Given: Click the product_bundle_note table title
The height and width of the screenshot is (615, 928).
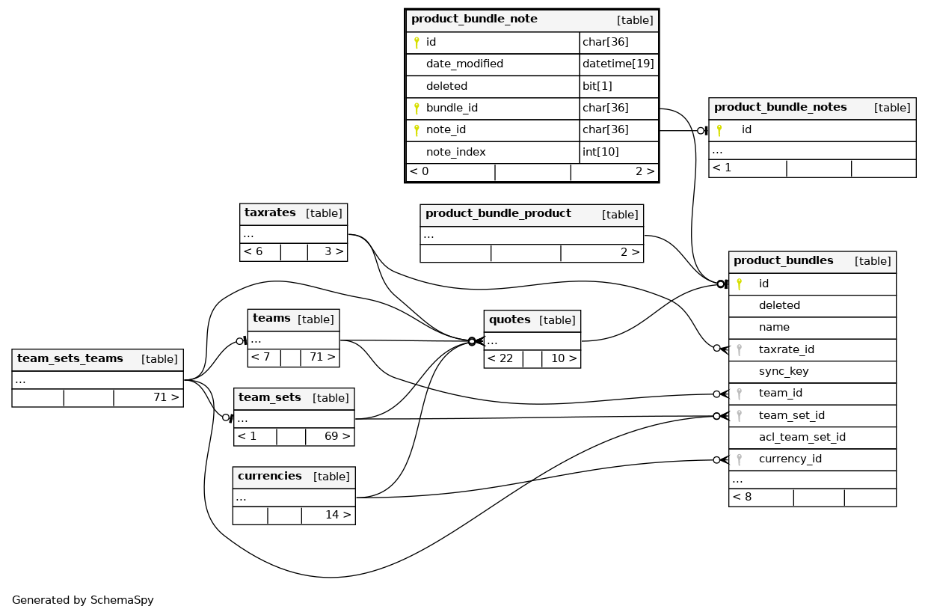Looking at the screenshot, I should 474,19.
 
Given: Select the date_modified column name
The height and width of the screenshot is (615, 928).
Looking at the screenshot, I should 464,64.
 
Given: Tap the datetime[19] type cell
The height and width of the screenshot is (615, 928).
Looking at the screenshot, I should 618,64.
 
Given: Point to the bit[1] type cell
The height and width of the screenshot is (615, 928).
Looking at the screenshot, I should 597,86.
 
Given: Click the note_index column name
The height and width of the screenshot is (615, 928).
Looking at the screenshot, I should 455,152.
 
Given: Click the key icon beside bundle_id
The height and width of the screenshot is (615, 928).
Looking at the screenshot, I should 417,108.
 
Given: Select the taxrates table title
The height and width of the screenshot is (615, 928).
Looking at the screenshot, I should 270,213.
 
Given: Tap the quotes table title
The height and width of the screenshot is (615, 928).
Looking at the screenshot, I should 509,320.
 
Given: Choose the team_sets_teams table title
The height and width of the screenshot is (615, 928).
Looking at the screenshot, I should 70,359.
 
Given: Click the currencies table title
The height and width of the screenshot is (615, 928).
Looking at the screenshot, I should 269,477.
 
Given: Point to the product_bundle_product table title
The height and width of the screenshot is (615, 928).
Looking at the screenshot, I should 498,214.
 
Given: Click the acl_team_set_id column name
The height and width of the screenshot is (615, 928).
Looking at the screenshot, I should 802,437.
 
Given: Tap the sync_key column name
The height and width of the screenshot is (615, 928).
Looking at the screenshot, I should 784,371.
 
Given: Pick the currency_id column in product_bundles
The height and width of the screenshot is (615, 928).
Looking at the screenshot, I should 790,459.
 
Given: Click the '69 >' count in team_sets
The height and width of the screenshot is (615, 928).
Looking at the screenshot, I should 337,436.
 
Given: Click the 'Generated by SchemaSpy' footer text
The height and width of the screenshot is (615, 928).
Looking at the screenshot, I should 82,600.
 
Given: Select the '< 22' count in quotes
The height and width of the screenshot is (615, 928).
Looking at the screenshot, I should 500,358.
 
